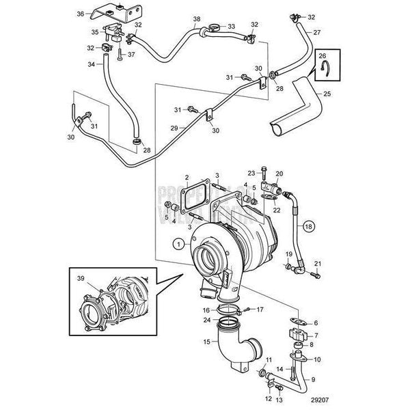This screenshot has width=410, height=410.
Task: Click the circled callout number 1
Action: click(179, 243)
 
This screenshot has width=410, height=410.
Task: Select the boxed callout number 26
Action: click(324, 57)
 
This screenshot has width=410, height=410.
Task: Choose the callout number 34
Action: click(92, 65)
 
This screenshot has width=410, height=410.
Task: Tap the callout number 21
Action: click(316, 264)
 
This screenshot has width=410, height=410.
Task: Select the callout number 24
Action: click(206, 320)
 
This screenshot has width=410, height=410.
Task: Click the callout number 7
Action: click(316, 336)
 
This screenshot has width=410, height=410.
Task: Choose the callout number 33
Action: click(231, 27)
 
